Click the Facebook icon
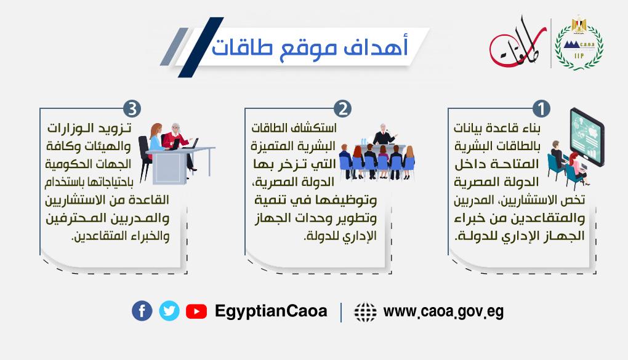[x=142, y=311]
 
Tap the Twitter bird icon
[x=169, y=311]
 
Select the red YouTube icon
[x=196, y=311]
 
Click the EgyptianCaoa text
[x=271, y=311]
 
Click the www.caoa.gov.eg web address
[x=443, y=311]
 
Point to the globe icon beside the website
[x=365, y=312]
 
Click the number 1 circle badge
[x=541, y=108]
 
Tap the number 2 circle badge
[x=342, y=108]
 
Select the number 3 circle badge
[x=132, y=108]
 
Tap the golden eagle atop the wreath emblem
[x=579, y=24]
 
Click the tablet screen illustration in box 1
[x=587, y=136]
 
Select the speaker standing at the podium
[x=384, y=135]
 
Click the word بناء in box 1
[x=529, y=129]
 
